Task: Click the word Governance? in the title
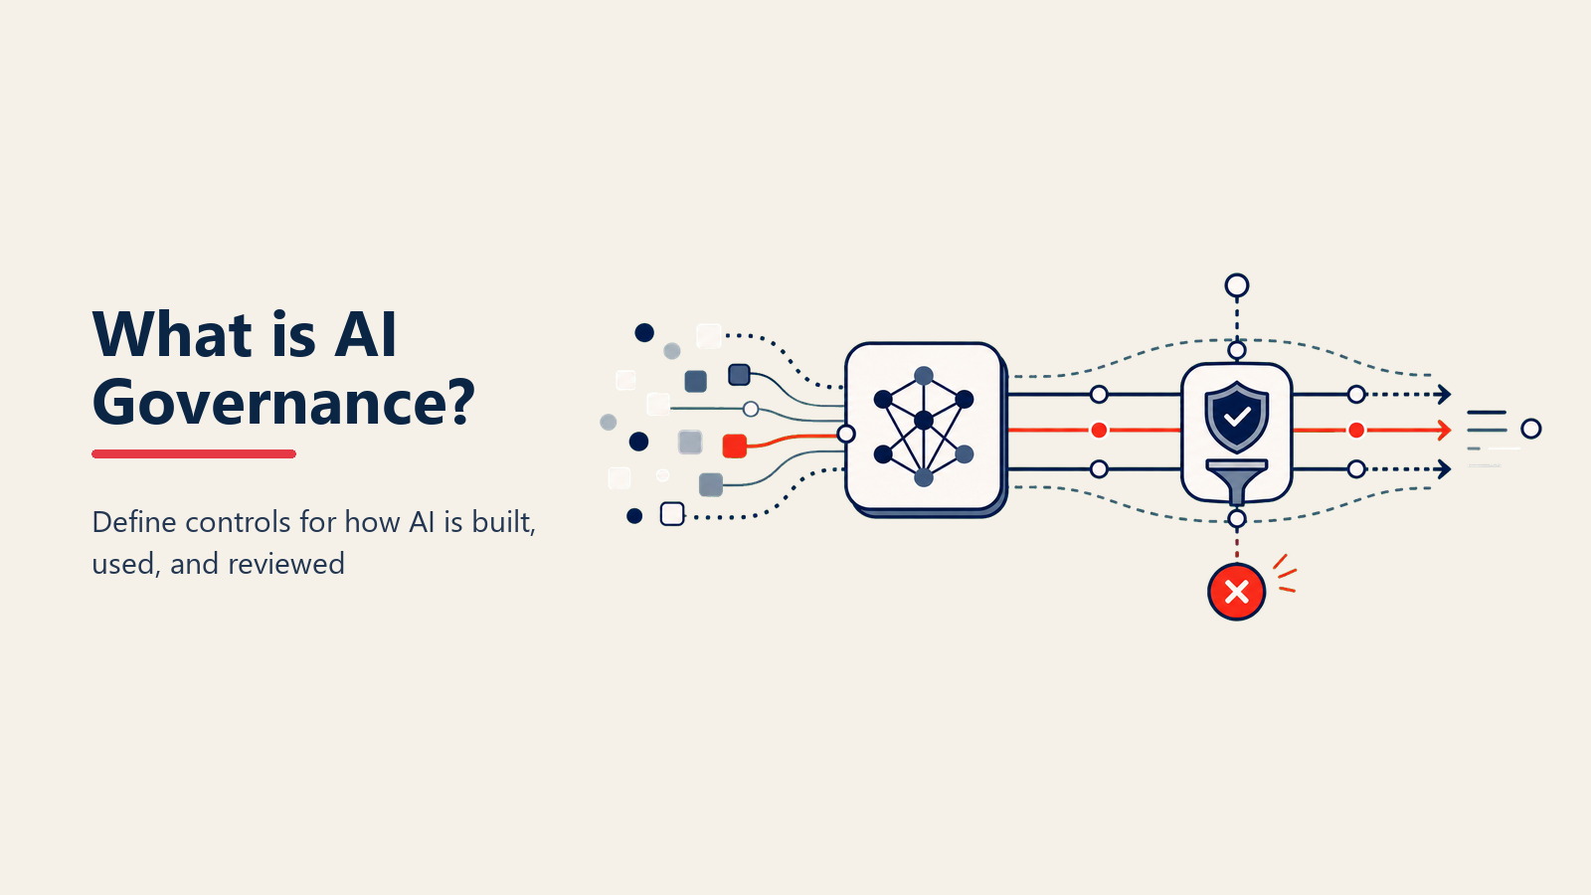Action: click(283, 403)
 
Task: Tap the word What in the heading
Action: click(172, 334)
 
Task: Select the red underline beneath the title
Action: click(194, 453)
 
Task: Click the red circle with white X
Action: click(1237, 592)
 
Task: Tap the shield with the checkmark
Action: click(1237, 417)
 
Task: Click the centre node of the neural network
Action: click(924, 421)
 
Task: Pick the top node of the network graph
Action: click(924, 376)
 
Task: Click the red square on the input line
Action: click(735, 447)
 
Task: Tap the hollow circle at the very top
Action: click(1237, 285)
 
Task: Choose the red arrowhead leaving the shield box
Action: click(1444, 430)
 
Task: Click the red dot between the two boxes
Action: click(1099, 430)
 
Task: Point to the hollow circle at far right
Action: click(1530, 429)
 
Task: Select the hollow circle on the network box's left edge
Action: click(845, 434)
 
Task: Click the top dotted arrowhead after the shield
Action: click(1444, 394)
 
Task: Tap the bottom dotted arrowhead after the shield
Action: click(1444, 468)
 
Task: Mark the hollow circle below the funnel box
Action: click(1237, 518)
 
